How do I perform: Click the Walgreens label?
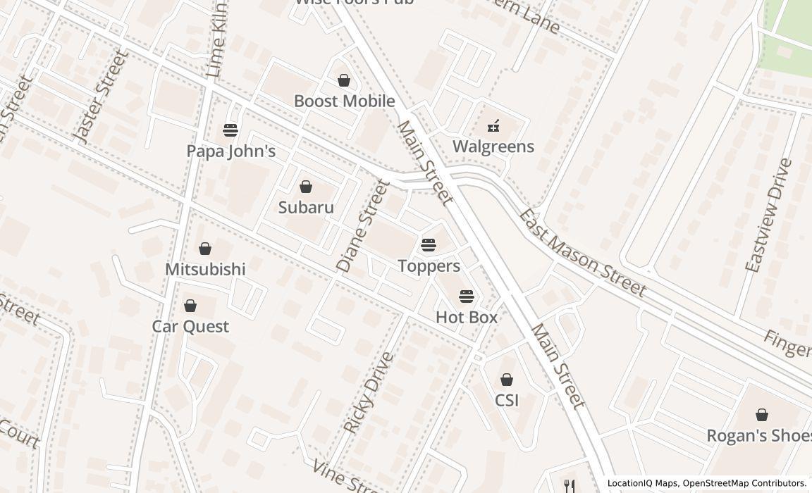tap(493, 146)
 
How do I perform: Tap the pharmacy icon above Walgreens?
tap(493, 126)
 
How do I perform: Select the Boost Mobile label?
tap(344, 101)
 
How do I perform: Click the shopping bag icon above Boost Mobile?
tap(344, 81)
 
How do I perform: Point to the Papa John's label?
tap(230, 151)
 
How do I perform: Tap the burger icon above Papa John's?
tap(230, 130)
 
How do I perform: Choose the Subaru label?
tap(306, 208)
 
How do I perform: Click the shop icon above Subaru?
tap(306, 187)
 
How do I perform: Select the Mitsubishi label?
tap(205, 270)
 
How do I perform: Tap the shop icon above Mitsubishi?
tap(205, 249)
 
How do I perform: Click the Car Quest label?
tap(190, 327)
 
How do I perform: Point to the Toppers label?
tap(429, 266)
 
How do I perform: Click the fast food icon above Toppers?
tap(429, 245)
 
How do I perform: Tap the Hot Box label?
tap(467, 318)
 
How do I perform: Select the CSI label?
tap(507, 401)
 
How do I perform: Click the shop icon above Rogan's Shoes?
tap(761, 415)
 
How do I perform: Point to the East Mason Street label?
tap(582, 253)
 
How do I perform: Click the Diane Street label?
tap(363, 226)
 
